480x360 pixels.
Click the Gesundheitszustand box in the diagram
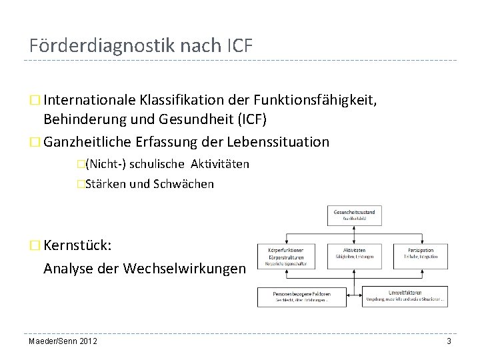(x=354, y=215)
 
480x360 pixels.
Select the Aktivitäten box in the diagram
(x=354, y=253)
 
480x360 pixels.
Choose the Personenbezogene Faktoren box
(x=301, y=296)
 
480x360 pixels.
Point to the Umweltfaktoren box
(x=405, y=296)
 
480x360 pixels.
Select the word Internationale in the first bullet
(x=90, y=101)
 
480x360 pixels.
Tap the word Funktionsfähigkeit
(x=314, y=101)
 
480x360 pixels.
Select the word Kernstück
(x=77, y=246)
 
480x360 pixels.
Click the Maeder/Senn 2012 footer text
(x=63, y=341)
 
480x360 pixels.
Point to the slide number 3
(x=449, y=341)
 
